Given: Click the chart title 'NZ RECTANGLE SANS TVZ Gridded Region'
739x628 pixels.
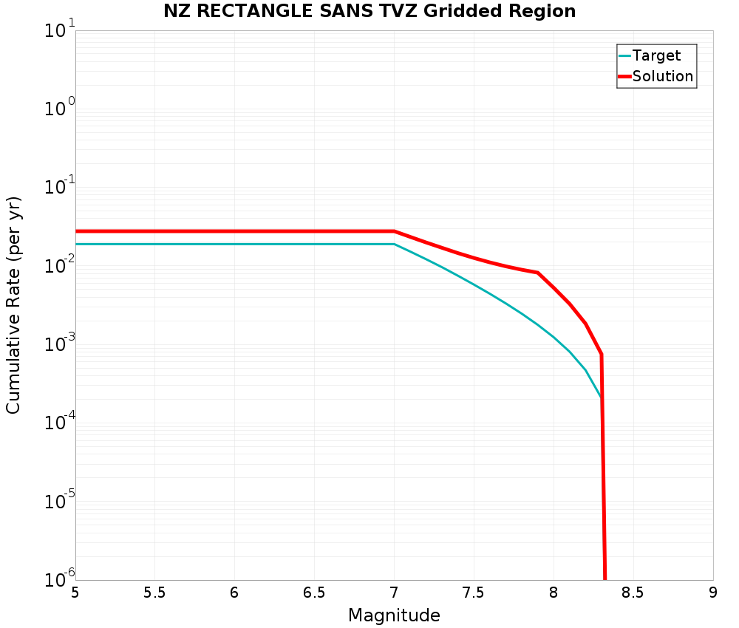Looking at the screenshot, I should [369, 11].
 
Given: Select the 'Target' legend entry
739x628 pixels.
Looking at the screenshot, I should [656, 55].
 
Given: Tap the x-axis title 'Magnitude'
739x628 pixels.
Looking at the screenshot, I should [394, 615].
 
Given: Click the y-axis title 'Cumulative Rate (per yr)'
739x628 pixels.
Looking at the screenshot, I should [13, 305].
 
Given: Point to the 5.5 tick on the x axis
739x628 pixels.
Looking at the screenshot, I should [154, 593].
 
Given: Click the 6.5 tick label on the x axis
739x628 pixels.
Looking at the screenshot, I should [314, 593].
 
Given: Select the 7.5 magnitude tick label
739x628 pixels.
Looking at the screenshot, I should [473, 593].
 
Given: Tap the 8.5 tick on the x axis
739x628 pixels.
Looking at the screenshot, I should [633, 593].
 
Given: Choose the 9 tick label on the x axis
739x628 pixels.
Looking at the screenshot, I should [712, 593].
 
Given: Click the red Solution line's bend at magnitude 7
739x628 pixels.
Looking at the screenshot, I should [394, 231].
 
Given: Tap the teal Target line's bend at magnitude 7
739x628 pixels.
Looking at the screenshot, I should [394, 244].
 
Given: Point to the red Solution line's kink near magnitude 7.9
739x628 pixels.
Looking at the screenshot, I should [537, 273].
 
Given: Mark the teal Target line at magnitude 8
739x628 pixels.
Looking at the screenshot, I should [554, 337].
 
